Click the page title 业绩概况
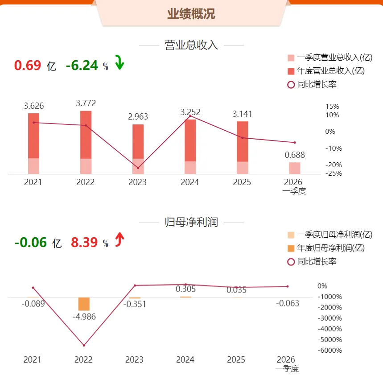(x=191, y=14)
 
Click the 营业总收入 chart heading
(x=191, y=45)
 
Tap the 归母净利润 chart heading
(x=191, y=222)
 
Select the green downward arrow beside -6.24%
(x=119, y=62)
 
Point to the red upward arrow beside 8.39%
(x=119, y=239)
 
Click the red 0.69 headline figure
(x=28, y=65)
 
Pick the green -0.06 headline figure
(x=31, y=242)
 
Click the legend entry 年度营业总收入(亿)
(x=326, y=71)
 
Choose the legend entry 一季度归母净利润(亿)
(x=330, y=235)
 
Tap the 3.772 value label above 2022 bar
(x=86, y=103)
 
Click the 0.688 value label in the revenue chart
(x=295, y=155)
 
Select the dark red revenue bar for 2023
(x=138, y=141)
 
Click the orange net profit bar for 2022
(x=84, y=304)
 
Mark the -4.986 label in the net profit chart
(x=84, y=317)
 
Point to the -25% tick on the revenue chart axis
(x=334, y=173)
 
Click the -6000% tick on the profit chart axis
(x=330, y=351)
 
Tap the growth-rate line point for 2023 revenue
(x=138, y=168)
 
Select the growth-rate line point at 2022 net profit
(x=84, y=346)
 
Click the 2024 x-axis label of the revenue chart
(x=190, y=182)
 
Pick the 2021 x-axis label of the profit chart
(x=33, y=359)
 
